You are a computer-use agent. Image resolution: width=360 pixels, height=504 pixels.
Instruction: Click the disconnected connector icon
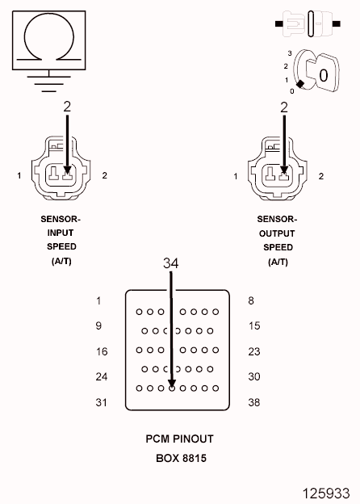click(308, 23)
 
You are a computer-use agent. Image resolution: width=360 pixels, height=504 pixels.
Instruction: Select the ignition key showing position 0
click(316, 71)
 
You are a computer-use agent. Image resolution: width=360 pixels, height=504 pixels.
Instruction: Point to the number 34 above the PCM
click(170, 263)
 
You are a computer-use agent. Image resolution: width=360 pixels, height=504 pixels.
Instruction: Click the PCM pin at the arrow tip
click(172, 388)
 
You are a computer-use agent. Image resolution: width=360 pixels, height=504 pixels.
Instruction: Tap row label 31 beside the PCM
click(101, 402)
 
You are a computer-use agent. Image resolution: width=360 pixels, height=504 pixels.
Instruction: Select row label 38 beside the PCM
click(254, 402)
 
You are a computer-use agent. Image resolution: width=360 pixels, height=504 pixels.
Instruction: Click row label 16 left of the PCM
click(102, 351)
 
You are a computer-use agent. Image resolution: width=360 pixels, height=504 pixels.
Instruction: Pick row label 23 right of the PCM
click(254, 351)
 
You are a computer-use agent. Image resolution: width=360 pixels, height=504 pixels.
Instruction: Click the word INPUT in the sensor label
click(61, 233)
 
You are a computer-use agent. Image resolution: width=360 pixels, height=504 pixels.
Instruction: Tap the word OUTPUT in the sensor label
click(277, 233)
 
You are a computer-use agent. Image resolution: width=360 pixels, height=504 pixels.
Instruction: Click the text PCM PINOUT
click(179, 439)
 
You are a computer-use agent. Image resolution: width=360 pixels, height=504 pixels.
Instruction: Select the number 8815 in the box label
click(194, 458)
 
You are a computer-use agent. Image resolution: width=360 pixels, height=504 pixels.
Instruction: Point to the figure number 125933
click(326, 493)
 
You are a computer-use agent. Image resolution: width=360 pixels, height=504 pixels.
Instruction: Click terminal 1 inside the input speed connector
click(53, 174)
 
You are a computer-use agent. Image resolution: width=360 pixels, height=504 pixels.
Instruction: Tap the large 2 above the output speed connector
click(284, 107)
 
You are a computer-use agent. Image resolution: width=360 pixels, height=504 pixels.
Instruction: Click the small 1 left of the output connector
click(236, 176)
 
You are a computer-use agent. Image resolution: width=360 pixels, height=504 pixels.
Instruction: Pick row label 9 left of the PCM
click(98, 326)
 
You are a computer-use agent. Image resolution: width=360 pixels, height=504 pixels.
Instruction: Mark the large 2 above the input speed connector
click(67, 107)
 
